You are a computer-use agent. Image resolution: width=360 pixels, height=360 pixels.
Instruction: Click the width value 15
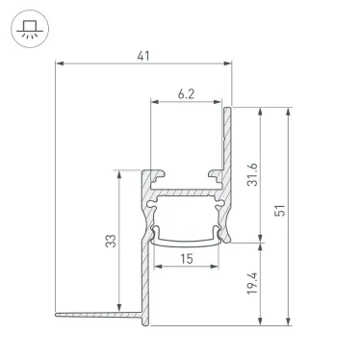[187, 258]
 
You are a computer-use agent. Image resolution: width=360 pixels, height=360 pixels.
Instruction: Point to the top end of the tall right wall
[229, 110]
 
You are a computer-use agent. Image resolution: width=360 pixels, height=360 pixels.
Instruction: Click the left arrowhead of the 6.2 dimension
[153, 101]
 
